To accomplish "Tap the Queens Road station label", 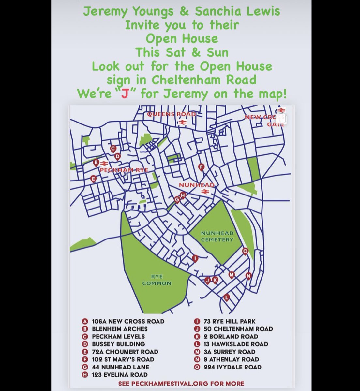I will tap(172, 114).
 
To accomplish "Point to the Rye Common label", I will tap(157, 280).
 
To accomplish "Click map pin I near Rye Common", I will tap(195, 258).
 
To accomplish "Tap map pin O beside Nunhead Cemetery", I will tap(245, 251).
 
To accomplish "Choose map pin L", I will tap(227, 297).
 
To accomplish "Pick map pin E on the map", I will tap(93, 179).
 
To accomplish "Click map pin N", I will tap(248, 276).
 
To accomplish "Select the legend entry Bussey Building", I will tap(118, 344).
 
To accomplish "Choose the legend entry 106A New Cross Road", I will tap(128, 321).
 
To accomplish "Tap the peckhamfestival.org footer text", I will tap(181, 384).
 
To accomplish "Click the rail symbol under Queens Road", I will tap(182, 122).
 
